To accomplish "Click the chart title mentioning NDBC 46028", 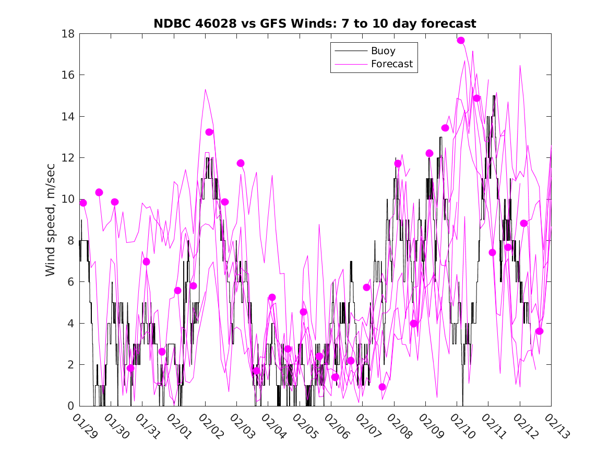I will click(315, 24).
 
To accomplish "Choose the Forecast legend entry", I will click(391, 64).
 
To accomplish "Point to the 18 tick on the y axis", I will click(68, 34).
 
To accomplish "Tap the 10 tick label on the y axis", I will click(68, 199).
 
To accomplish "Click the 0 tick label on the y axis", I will click(71, 406).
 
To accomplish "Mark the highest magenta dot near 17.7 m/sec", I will click(461, 41).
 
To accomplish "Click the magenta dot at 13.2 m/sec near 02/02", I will click(209, 132).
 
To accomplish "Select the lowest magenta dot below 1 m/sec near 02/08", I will click(382, 387).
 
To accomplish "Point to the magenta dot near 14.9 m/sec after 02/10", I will click(476, 98).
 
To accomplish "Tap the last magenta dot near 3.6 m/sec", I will click(540, 331).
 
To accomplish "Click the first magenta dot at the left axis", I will click(83, 203).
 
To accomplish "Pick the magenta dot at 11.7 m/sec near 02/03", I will click(241, 163).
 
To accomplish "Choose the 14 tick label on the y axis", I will click(68, 116).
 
